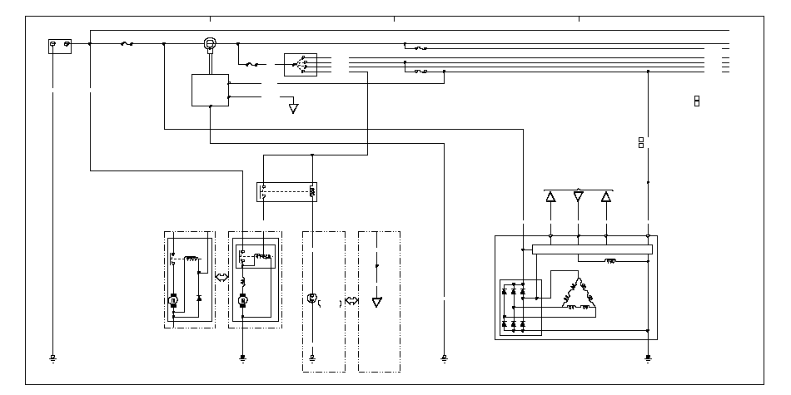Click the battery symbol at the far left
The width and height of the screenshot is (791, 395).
coord(60,46)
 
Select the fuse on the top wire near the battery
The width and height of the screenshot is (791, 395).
coord(127,43)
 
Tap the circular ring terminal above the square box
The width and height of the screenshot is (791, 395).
coord(211,43)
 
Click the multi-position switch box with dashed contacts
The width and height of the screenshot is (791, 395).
coord(300,64)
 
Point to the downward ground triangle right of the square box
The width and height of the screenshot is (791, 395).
coord(293,108)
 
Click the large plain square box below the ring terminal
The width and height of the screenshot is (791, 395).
coord(210,90)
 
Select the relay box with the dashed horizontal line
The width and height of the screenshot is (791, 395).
coord(288,191)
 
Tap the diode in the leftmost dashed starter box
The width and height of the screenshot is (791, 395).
coord(198,296)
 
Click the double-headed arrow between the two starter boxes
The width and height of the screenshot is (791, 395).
coord(221,276)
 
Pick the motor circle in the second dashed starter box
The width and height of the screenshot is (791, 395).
coord(242,298)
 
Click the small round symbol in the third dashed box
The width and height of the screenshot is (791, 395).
coord(312,297)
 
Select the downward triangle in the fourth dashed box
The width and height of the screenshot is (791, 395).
coord(376,301)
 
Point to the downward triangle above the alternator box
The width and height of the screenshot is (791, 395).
coord(578,197)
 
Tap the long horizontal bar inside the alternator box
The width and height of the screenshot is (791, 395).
coord(591,249)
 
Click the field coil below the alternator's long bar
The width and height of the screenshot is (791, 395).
coord(609,261)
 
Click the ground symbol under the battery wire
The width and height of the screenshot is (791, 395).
coord(52,358)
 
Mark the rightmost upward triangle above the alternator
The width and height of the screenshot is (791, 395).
coord(605,197)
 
